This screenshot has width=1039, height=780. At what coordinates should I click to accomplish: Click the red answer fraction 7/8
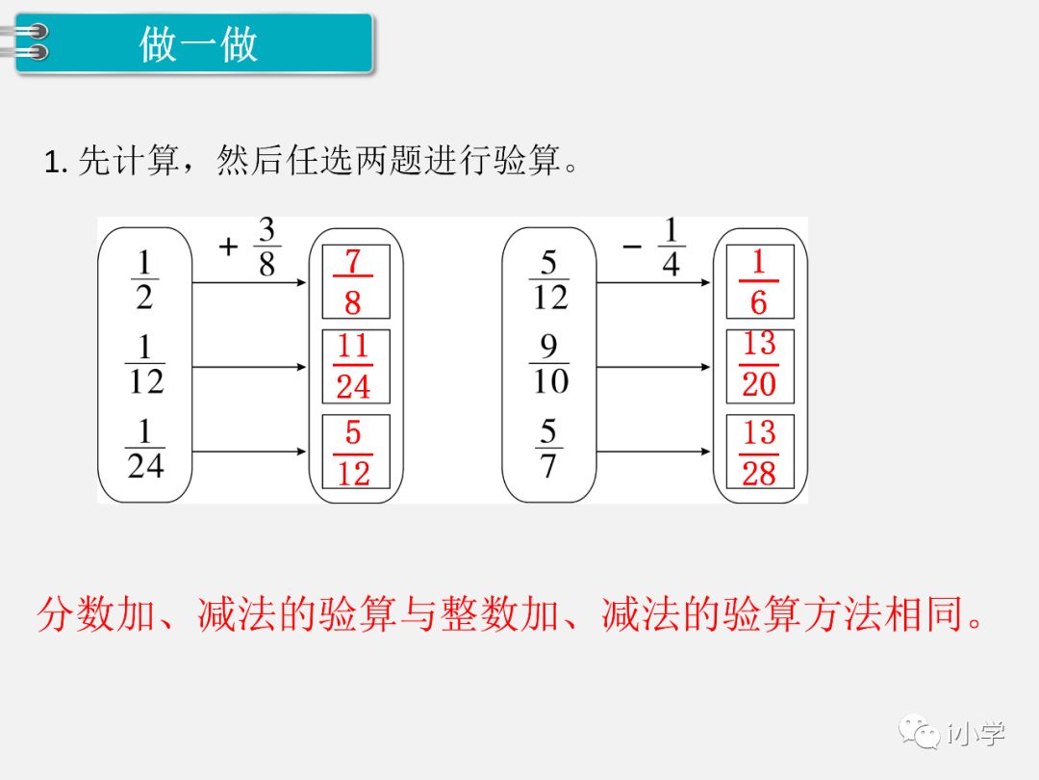352,281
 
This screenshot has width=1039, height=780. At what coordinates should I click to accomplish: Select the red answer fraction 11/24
353,367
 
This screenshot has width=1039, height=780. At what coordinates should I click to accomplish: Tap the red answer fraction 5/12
353,453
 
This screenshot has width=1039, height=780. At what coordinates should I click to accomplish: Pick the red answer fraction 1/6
759,281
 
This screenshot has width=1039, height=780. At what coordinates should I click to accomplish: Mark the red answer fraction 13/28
759,453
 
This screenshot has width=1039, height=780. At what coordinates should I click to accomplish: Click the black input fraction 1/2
144,280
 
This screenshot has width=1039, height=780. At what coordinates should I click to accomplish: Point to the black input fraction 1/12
145,365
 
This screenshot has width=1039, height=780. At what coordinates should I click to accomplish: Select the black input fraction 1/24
145,450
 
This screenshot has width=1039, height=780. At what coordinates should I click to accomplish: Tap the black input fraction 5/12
549,280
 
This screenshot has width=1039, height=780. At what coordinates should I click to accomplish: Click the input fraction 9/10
549,365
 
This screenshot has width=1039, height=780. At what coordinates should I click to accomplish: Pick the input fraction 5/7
549,449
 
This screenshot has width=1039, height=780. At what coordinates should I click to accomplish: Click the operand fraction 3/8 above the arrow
266,247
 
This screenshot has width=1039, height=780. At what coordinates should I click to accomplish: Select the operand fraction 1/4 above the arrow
671,247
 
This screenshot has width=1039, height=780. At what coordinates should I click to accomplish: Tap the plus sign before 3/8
228,247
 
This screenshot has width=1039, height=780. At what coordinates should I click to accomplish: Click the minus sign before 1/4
632,247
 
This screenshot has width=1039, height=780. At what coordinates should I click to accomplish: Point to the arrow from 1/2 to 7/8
249,283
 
